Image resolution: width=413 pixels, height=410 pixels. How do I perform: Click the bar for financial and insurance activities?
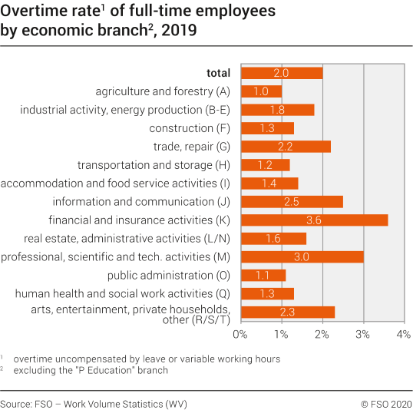point(314,220)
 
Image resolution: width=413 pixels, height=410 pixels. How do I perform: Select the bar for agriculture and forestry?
point(261,91)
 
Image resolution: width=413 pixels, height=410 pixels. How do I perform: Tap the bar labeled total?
point(281,73)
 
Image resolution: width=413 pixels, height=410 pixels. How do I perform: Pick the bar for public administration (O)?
point(263,275)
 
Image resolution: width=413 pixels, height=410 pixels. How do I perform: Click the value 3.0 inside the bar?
point(302,256)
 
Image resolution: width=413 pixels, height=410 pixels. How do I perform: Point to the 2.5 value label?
point(292,201)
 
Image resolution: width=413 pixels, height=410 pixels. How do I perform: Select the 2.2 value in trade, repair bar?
point(286,146)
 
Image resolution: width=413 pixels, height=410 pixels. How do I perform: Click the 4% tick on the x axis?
point(402,334)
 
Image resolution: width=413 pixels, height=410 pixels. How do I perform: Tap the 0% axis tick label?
point(240,334)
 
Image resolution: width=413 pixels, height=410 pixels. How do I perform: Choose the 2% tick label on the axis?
point(322,334)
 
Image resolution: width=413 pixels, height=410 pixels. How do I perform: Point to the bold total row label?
point(218,73)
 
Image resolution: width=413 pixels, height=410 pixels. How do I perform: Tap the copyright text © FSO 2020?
point(386,403)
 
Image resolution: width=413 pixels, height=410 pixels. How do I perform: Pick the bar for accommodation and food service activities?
point(269,183)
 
